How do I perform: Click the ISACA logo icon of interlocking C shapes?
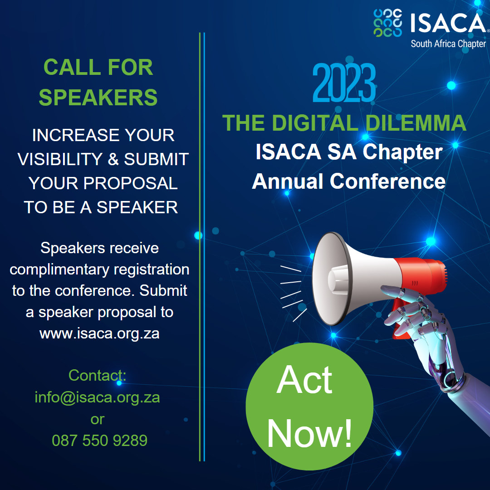click(388, 23)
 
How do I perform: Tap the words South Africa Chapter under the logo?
click(448, 44)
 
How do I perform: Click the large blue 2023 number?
click(344, 84)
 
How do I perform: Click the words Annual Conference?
click(348, 181)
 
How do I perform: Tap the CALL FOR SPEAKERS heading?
click(98, 82)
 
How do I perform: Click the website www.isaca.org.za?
click(99, 333)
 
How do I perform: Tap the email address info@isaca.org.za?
click(98, 397)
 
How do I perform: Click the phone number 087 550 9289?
click(99, 440)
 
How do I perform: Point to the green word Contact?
click(97, 376)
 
